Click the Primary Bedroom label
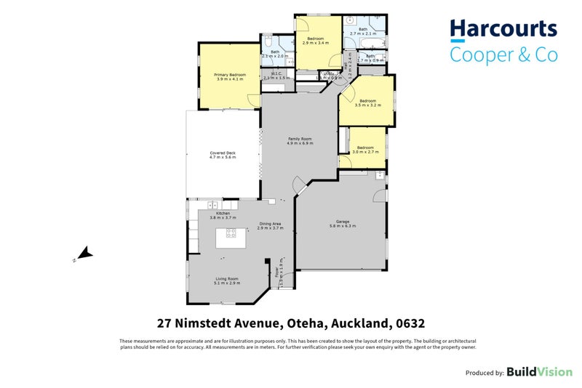pyautogui.click(x=229, y=77)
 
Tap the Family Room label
pyautogui.click(x=299, y=141)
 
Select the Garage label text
pyautogui.click(x=340, y=224)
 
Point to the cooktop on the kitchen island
pyautogui.click(x=231, y=233)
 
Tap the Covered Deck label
pyautogui.click(x=222, y=155)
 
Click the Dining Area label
pyautogui.click(x=269, y=226)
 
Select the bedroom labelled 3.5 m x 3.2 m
pyautogui.click(x=367, y=103)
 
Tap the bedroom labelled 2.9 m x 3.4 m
pyautogui.click(x=315, y=41)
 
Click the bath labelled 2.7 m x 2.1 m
pyautogui.click(x=364, y=31)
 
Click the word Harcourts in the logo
pyautogui.click(x=503, y=30)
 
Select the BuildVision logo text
pyautogui.click(x=539, y=372)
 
